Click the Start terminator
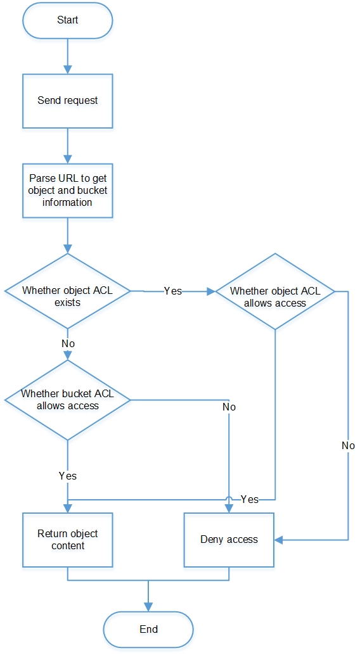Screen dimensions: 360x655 (x=67, y=20)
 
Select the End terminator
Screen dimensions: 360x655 (x=148, y=630)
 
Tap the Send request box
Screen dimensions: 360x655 (x=67, y=101)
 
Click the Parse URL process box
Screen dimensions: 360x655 (x=67, y=191)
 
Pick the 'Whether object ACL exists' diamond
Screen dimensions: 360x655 (x=67, y=291)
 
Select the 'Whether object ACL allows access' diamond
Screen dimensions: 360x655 (x=274, y=291)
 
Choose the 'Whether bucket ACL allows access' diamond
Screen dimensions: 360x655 (x=67, y=400)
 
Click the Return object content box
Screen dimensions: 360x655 (x=67, y=540)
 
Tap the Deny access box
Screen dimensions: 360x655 (x=229, y=540)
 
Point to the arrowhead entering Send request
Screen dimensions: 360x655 (x=67, y=69)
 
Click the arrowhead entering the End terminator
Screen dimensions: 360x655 (x=148, y=607)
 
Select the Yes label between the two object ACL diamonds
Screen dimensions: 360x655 (x=172, y=291)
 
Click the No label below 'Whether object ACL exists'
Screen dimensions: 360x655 (x=68, y=343)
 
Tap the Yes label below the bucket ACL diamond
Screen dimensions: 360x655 (x=68, y=476)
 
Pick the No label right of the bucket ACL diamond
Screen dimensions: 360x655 (x=229, y=407)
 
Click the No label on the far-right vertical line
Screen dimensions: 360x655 (x=348, y=445)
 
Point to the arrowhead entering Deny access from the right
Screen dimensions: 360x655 (x=279, y=540)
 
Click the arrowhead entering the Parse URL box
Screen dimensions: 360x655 (x=67, y=159)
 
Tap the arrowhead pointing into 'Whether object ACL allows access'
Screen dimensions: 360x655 (x=210, y=291)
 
